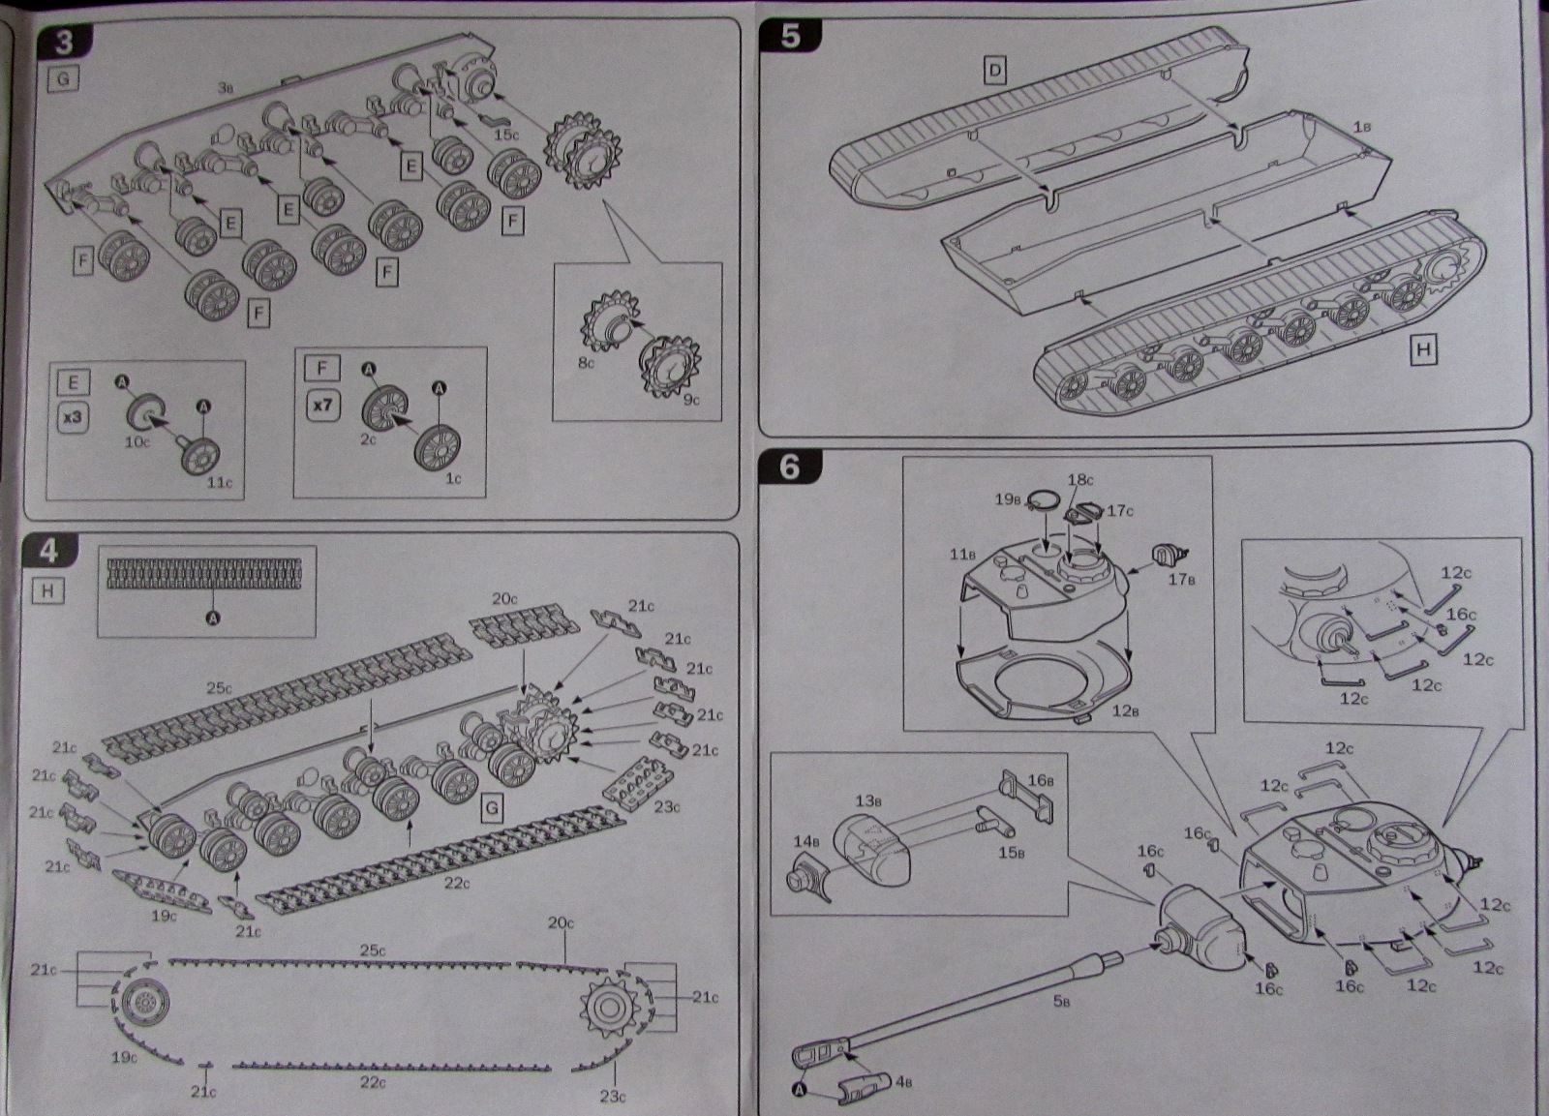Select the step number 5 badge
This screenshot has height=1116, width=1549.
tap(790, 35)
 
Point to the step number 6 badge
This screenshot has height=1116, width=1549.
tap(790, 467)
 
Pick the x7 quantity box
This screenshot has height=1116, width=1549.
tap(321, 405)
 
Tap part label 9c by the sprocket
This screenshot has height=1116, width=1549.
tap(689, 399)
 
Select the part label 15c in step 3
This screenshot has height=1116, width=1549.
tap(506, 135)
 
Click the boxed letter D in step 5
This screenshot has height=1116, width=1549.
tap(994, 70)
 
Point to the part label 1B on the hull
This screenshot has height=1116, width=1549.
tap(1361, 127)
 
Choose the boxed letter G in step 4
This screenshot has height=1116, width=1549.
tap(492, 807)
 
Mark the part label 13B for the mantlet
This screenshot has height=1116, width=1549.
tap(867, 800)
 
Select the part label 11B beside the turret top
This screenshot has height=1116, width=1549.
tap(961, 555)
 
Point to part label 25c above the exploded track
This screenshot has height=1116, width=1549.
tap(220, 688)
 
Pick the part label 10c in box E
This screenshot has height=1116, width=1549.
tap(139, 441)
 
